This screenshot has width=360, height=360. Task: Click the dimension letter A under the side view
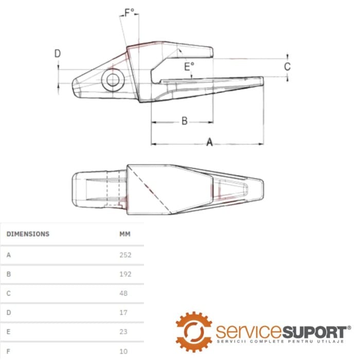[209, 142]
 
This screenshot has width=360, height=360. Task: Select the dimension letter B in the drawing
[185, 121]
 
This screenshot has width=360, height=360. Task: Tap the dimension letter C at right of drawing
[287, 66]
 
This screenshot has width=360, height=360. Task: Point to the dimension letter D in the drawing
[58, 53]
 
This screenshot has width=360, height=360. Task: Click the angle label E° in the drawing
[189, 67]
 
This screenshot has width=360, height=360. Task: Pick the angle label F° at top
[129, 12]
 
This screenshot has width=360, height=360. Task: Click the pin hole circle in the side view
[113, 80]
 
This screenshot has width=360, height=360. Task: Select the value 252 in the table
[125, 255]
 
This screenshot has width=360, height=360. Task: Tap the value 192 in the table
[125, 274]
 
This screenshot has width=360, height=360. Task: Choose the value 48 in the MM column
[123, 294]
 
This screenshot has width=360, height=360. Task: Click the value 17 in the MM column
[123, 313]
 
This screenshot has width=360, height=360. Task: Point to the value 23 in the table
[123, 332]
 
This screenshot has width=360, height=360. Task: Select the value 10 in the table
[123, 351]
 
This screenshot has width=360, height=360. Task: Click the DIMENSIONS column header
[28, 234]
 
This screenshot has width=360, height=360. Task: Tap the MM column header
[125, 234]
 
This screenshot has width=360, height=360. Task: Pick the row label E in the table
[9, 332]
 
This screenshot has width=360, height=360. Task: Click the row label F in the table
[9, 351]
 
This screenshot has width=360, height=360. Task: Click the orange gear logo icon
[194, 332]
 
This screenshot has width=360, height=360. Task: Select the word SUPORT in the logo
[314, 332]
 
